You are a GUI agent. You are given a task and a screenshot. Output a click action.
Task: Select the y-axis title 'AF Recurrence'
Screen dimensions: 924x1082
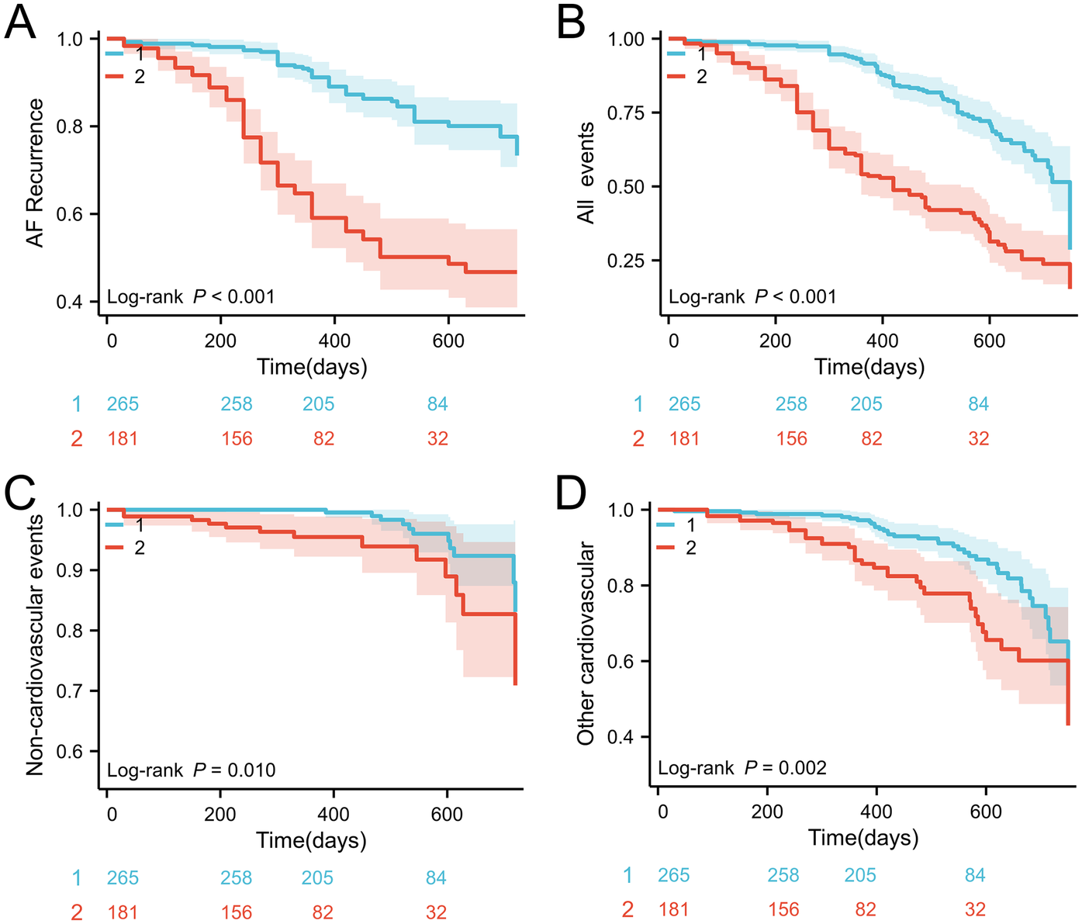(x=35, y=173)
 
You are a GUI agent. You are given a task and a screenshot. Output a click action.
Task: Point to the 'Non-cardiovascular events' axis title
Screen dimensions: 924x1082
(x=35, y=644)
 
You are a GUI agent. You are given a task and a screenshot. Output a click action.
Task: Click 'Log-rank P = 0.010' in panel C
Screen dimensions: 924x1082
(x=191, y=770)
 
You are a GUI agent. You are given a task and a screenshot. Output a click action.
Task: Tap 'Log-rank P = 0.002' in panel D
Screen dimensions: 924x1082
(x=742, y=768)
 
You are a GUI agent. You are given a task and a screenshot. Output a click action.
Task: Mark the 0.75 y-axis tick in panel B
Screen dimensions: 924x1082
(x=626, y=113)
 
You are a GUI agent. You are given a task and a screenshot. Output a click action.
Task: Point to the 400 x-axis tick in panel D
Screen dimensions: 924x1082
(x=876, y=812)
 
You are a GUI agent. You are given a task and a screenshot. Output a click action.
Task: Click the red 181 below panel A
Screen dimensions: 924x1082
(x=123, y=439)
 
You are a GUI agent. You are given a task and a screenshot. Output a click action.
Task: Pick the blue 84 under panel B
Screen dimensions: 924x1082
(x=978, y=404)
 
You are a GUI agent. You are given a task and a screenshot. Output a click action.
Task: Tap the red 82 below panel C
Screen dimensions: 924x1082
(x=323, y=912)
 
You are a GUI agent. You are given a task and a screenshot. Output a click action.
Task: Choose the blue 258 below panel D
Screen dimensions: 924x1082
(x=783, y=876)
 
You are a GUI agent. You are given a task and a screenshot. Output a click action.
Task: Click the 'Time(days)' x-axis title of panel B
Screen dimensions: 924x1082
(x=869, y=366)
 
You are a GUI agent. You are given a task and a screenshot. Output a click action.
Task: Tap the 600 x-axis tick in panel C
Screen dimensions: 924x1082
(x=447, y=815)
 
